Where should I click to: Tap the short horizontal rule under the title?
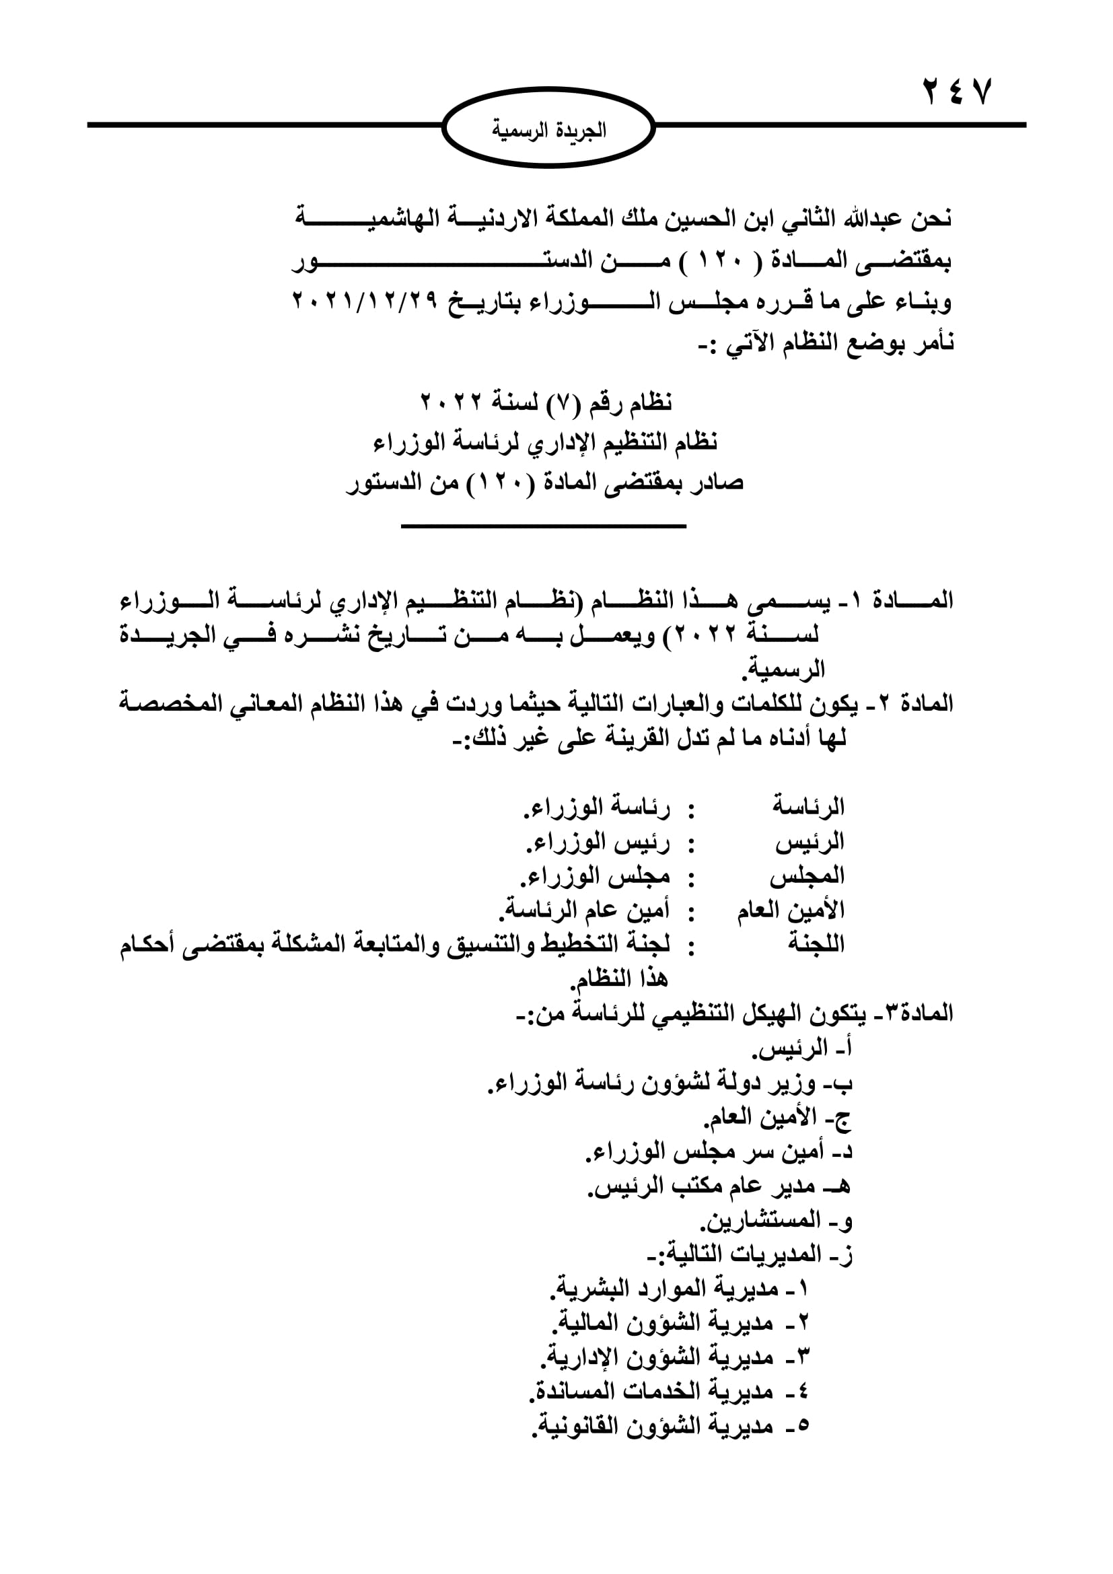pyautogui.click(x=544, y=526)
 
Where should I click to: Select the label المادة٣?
pyautogui.click(x=911, y=1013)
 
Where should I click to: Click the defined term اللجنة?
pyautogui.click(x=816, y=945)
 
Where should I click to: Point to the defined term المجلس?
pyautogui.click(x=807, y=877)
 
